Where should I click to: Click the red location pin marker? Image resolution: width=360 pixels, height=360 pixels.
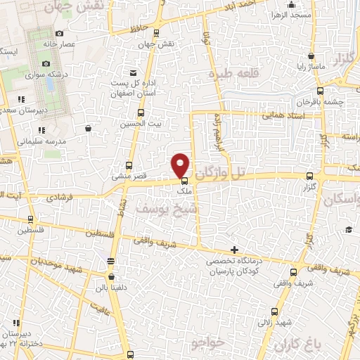181,165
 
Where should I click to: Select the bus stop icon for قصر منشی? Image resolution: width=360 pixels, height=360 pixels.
127,165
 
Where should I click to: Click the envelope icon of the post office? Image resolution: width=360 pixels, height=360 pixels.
134,72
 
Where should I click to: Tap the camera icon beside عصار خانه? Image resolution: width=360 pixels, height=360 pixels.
59,33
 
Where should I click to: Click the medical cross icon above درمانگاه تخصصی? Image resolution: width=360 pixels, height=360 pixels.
234,250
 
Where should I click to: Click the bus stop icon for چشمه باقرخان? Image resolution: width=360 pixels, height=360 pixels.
321,90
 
